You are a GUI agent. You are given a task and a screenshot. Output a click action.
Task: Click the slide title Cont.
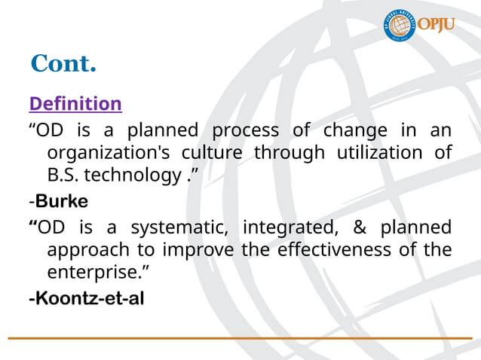coord(63,65)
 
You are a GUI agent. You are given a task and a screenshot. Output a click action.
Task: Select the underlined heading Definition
coord(75,103)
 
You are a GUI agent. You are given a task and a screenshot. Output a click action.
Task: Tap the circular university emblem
coord(400,26)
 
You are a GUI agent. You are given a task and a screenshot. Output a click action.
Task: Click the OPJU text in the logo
coord(438,25)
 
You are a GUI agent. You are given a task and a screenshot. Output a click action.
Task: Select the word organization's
coord(109,153)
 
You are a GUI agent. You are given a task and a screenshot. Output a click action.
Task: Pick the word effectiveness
coord(331,249)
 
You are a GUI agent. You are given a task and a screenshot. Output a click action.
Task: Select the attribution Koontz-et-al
coord(86,299)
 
